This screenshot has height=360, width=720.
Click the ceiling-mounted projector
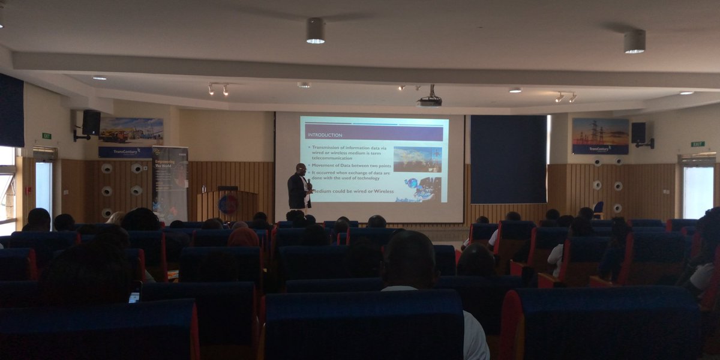[429, 101]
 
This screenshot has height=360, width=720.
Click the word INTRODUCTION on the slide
[325, 135]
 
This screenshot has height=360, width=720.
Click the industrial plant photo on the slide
[417, 159]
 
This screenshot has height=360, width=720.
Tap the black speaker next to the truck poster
[91, 123]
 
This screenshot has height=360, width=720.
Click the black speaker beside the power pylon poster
[638, 133]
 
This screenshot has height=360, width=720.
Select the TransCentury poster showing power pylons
[600, 136]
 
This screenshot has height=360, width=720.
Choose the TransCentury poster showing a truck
[130, 137]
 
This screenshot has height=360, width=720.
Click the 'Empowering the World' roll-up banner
[170, 183]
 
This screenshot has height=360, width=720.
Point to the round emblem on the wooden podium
[227, 205]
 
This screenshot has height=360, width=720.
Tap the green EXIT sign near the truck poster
[46, 136]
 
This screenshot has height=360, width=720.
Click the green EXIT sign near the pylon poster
[697, 144]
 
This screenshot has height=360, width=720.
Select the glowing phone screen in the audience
[134, 296]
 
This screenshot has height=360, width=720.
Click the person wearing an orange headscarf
[243, 238]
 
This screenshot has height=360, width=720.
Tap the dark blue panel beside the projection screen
[508, 159]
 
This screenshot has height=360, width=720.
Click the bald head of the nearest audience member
[410, 259]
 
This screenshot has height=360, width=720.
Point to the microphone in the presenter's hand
[309, 183]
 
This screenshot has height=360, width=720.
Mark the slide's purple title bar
[374, 134]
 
